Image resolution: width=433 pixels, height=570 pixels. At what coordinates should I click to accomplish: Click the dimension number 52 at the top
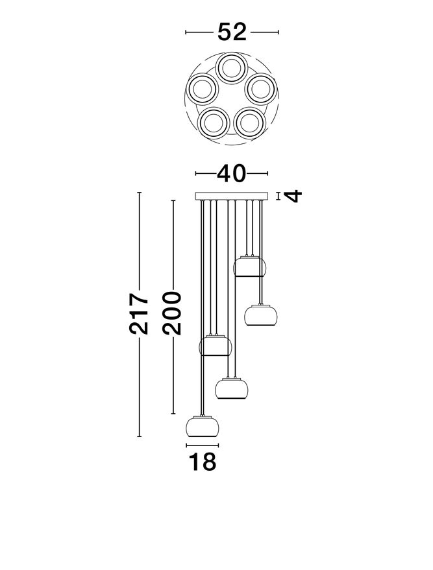[x=232, y=32]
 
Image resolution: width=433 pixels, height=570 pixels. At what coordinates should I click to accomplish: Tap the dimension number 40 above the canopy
[x=231, y=173]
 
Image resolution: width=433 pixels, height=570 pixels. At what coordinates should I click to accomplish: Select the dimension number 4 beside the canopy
[x=293, y=196]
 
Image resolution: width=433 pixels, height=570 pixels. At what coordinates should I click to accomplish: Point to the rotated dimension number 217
[x=139, y=313]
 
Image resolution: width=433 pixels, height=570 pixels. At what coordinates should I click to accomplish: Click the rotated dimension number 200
[x=172, y=313]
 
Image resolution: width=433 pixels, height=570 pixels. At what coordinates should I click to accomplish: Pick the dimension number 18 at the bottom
[x=203, y=462]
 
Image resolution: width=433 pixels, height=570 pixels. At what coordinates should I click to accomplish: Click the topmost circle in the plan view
[x=231, y=68]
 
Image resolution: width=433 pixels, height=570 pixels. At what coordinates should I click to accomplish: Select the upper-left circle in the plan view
[x=203, y=89]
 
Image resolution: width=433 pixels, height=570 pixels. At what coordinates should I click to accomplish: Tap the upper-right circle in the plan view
[x=261, y=89]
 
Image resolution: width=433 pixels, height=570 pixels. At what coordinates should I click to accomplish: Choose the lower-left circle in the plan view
[x=214, y=123]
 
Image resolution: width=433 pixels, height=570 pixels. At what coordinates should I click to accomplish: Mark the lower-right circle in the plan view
[x=250, y=123]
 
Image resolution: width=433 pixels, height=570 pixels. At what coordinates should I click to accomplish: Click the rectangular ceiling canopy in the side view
[x=231, y=196]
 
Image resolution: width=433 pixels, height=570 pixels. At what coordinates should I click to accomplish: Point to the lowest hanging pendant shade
[x=203, y=427]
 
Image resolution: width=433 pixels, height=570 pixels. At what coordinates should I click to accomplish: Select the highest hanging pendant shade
[x=250, y=267]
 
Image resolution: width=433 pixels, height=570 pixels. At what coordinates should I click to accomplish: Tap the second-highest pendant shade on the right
[x=260, y=315]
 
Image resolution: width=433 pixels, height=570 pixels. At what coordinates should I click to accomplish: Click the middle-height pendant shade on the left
[x=216, y=346]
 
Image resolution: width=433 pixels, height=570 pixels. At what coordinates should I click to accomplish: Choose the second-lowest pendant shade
[x=231, y=388]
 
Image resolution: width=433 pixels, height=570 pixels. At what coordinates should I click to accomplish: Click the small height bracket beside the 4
[x=278, y=196]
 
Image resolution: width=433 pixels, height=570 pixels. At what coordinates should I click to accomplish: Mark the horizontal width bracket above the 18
[x=203, y=445]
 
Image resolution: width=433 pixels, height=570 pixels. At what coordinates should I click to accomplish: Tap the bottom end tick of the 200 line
[x=173, y=414]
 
